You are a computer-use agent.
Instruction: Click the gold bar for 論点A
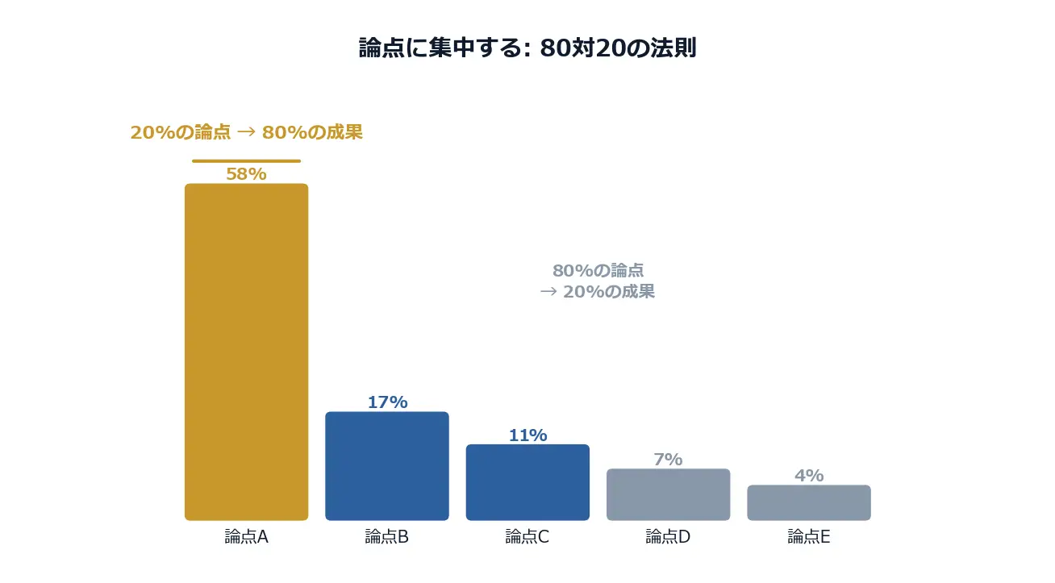(246, 352)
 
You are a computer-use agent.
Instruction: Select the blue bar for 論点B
(387, 465)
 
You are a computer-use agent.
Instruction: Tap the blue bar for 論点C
(527, 481)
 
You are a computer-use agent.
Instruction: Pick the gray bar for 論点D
(668, 493)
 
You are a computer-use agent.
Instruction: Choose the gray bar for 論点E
(809, 502)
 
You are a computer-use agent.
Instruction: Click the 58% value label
(246, 173)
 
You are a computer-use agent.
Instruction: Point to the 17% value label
(387, 402)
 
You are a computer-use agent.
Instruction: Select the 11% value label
(527, 435)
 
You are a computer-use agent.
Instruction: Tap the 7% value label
(668, 459)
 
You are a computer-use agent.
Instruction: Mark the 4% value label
(809, 475)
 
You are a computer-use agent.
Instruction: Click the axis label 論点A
(246, 536)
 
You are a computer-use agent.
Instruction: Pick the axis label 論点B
(387, 536)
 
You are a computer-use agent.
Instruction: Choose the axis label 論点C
(527, 536)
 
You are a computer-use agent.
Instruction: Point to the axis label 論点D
(668, 536)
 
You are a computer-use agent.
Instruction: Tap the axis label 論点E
(809, 536)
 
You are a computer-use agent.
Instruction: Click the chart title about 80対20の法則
(527, 48)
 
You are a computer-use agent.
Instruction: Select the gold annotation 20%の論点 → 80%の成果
(246, 132)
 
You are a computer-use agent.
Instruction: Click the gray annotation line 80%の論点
(598, 270)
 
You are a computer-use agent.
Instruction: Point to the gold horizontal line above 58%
(246, 160)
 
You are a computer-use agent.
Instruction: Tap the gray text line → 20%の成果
(598, 291)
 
